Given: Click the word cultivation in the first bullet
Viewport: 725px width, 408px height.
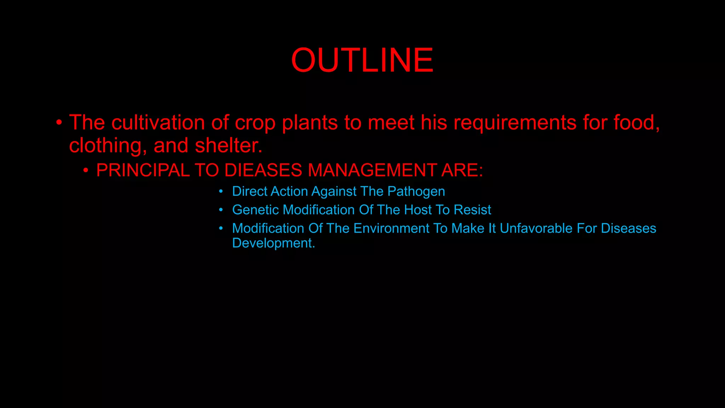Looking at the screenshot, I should coord(158,123).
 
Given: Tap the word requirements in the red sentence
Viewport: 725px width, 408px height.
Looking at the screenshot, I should coord(515,123).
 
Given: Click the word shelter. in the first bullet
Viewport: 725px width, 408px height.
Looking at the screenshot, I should coord(229,146).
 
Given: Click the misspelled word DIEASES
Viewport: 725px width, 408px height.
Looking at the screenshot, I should coord(263,170).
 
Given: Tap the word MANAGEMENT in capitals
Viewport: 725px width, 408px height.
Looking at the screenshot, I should coord(372,170).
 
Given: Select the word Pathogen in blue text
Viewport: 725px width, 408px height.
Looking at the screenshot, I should coord(416,191).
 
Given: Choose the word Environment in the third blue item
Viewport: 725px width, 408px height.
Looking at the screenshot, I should coord(391,228).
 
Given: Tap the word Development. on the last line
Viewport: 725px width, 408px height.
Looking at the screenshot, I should coord(273,243).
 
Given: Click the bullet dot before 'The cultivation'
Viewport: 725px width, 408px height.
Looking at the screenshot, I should coord(59,123).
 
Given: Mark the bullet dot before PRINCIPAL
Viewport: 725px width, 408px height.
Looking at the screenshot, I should coord(86,170).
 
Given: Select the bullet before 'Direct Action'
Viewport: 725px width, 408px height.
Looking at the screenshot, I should coord(221,192).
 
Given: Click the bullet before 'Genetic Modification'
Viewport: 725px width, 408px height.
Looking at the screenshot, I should coord(221,210).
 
